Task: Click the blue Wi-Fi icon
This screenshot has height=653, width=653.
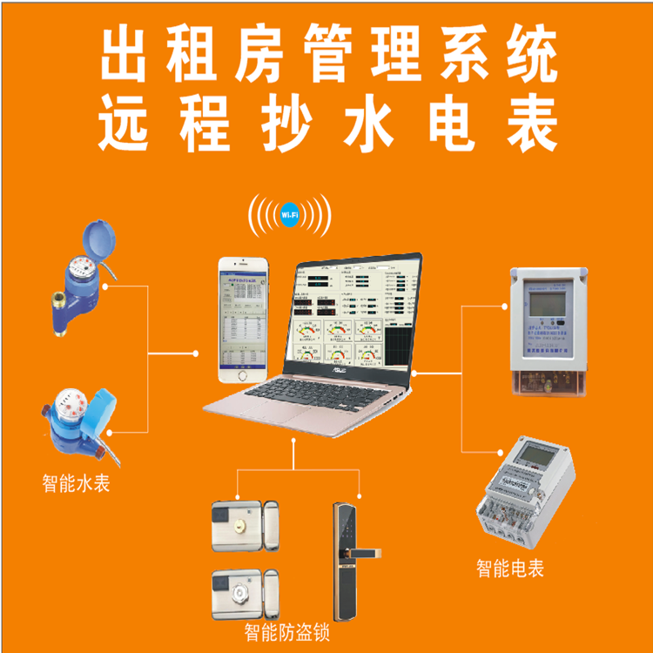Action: (x=290, y=213)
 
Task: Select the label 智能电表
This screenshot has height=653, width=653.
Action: (x=510, y=569)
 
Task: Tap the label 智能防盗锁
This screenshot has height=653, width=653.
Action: (x=287, y=631)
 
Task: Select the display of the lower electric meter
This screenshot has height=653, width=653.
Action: (x=531, y=455)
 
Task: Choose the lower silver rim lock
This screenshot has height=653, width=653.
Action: (x=243, y=593)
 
